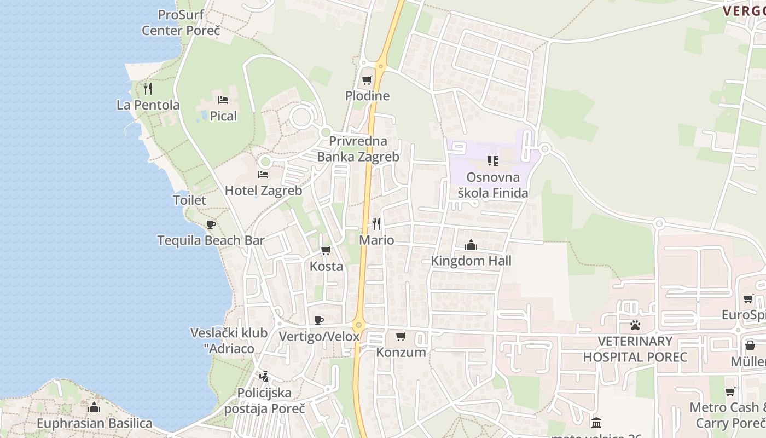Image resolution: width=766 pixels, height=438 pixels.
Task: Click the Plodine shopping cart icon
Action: pos(367,80)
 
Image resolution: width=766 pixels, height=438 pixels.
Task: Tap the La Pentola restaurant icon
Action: pos(148,88)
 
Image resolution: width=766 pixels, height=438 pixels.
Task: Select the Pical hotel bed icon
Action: pos(223,100)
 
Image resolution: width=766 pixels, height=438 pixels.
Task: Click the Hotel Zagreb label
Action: pos(263,191)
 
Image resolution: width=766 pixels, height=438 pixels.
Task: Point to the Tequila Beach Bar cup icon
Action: pos(211,224)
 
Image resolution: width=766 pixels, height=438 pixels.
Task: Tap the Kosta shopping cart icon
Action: pos(326,251)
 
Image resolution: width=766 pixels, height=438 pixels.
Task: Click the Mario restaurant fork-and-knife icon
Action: pos(376,223)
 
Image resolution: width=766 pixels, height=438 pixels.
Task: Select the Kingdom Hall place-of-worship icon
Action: pos(471,245)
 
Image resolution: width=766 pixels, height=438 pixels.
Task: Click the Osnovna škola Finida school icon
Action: pos(493,161)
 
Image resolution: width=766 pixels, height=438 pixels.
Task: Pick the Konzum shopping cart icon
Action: pos(401,336)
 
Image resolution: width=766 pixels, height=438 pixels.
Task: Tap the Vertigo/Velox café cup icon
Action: pos(319,320)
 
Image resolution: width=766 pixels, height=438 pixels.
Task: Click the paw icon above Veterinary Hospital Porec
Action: pos(635,325)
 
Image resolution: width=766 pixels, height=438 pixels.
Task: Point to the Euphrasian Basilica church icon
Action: pos(94,407)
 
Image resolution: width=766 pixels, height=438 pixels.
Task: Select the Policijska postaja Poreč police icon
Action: pos(264,376)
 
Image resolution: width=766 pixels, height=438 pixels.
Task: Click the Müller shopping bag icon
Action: pos(750,345)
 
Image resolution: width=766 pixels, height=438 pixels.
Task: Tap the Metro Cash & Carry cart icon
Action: pos(730,391)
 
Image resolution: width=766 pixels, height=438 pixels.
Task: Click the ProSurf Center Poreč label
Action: pos(181,22)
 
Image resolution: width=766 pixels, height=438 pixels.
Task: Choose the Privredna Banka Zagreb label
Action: pos(358,149)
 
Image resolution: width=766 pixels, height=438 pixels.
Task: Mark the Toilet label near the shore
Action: pos(189,200)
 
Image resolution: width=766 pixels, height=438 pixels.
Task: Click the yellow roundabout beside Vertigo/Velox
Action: pos(358,325)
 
